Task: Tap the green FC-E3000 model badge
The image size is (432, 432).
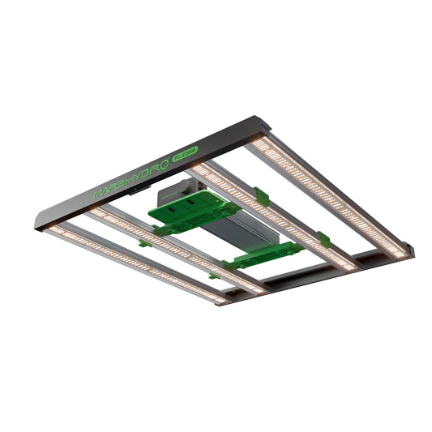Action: click(x=184, y=154)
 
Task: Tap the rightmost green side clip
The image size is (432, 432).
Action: click(x=323, y=240)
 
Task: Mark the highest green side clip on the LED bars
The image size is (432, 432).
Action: click(x=261, y=196)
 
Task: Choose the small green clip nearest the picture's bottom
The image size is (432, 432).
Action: click(x=215, y=276)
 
